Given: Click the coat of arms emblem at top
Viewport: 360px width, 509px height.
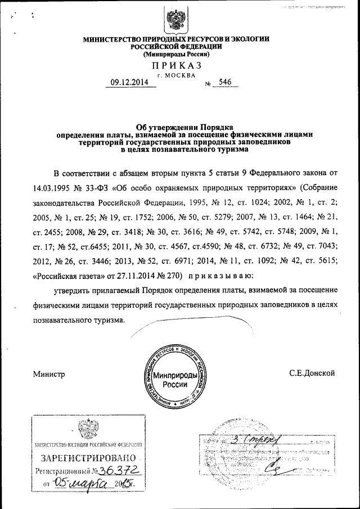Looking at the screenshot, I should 176,20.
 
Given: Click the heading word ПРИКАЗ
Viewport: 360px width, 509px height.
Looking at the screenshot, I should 176,66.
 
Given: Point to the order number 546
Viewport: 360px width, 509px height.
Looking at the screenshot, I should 225,82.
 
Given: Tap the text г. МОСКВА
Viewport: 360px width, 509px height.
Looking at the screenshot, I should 177,74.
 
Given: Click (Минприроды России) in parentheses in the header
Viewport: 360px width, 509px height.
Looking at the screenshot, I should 176,55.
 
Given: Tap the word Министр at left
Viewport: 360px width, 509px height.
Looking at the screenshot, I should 49,373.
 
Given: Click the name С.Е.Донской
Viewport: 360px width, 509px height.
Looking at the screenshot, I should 312,372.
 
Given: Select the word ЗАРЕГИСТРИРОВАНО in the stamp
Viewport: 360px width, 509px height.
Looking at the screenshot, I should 84,458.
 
